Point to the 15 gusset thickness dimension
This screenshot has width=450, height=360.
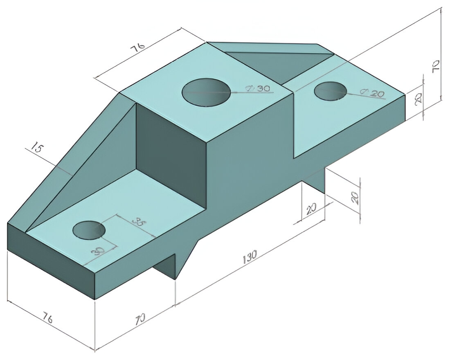tap(36, 148)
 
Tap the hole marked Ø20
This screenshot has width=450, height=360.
tap(330, 90)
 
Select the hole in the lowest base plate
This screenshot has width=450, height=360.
tap(89, 230)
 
